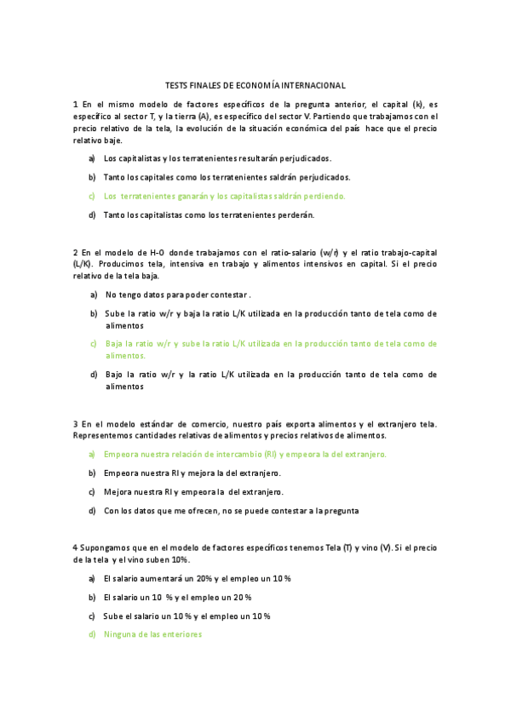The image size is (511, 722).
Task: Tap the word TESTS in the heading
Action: click(x=176, y=85)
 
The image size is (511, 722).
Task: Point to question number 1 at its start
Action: click(x=76, y=104)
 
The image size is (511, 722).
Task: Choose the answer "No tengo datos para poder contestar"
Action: click(x=177, y=295)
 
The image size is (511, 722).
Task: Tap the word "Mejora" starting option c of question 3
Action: click(x=118, y=492)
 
